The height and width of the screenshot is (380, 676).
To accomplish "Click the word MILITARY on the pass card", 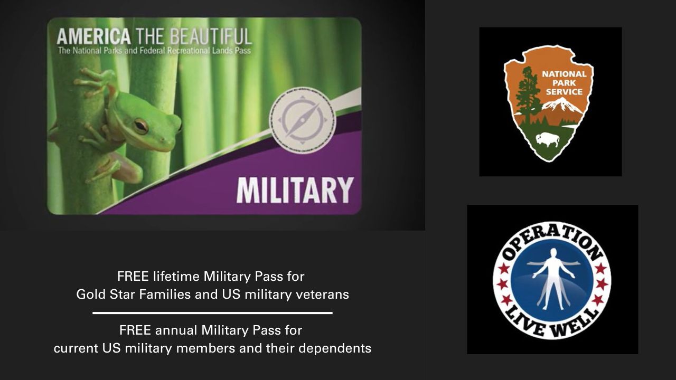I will (295, 191).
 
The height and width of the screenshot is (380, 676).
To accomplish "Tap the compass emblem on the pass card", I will (302, 120).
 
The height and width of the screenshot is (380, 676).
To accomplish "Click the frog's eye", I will (140, 125).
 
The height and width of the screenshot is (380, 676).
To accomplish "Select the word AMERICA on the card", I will (93, 36).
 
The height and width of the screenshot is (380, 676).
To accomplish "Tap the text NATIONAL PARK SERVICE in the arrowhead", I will (564, 83).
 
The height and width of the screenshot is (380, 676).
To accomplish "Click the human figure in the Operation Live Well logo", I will (551, 277).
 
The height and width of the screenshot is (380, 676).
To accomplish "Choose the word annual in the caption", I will (176, 330).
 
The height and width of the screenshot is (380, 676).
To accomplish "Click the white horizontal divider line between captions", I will (212, 313).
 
